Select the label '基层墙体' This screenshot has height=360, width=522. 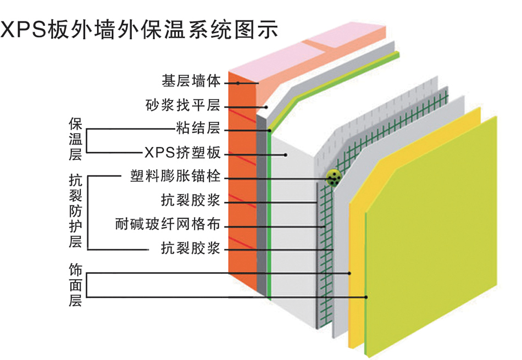191,81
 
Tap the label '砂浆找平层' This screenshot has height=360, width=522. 183,105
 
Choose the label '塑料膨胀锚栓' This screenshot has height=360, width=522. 175,177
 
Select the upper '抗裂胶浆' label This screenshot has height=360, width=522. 191,201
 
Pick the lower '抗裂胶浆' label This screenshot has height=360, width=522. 191,249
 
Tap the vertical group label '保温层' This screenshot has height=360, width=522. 75,139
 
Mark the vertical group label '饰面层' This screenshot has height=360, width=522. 75,285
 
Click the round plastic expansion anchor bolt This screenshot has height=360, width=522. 333,177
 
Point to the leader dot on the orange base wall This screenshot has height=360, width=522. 238,83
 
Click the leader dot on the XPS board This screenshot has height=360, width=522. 286,154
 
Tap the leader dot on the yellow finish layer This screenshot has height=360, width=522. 349,273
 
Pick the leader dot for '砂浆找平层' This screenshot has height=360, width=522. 266,107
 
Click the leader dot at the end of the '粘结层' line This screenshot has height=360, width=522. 270,130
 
